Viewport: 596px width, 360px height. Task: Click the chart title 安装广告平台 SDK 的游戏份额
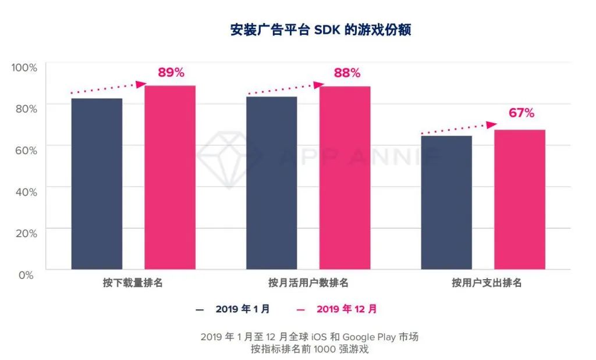(320, 30)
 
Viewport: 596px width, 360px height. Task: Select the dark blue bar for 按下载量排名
(97, 184)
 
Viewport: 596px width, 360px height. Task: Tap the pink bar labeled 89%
(170, 177)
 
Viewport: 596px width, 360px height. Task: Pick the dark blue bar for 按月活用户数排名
(272, 183)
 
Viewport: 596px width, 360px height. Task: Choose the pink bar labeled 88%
(345, 178)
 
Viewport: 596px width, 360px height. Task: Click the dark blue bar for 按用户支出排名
(446, 202)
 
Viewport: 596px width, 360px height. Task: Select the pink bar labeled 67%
(520, 199)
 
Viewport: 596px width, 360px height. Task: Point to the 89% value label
(171, 73)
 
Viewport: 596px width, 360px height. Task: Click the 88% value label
(347, 73)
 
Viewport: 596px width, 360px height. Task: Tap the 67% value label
(521, 113)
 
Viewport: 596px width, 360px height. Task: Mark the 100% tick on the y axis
(24, 67)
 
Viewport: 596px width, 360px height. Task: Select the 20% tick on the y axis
(26, 233)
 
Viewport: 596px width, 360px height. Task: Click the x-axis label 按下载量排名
(133, 283)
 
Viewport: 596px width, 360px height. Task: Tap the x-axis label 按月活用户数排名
(308, 283)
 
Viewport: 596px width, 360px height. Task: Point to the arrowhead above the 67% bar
(492, 124)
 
